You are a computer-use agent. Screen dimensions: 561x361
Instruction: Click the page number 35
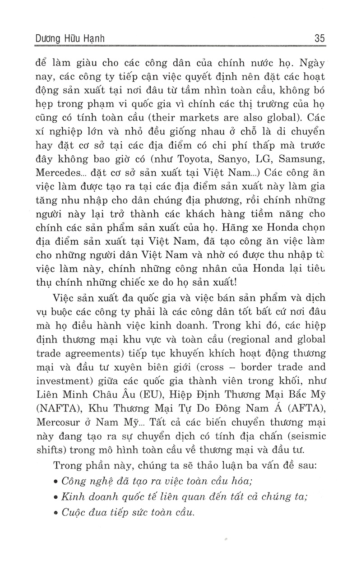pyautogui.click(x=319, y=39)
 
